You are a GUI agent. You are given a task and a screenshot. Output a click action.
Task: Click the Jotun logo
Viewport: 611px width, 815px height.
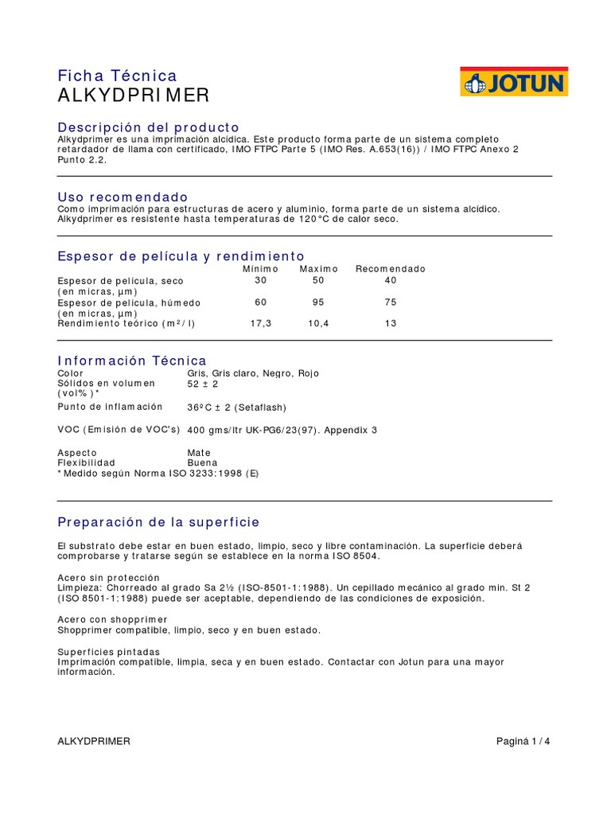[514, 82]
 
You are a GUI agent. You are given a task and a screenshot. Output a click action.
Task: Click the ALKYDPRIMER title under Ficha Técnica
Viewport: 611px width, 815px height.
[134, 96]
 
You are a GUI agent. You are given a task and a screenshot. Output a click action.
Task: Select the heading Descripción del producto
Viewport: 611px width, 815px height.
[148, 127]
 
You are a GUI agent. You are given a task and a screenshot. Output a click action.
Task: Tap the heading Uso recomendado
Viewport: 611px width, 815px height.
[123, 197]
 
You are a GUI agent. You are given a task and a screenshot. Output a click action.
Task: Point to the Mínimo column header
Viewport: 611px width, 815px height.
[261, 269]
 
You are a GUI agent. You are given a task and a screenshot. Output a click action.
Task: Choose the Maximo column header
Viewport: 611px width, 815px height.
[319, 269]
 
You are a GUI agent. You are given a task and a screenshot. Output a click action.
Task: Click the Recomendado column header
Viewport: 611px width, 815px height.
[390, 269]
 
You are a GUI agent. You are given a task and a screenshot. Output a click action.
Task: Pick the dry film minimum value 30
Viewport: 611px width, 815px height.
[261, 280]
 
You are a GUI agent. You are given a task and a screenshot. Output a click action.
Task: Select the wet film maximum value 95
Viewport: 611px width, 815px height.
[319, 302]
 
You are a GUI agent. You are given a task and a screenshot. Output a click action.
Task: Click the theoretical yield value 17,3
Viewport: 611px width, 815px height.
[261, 324]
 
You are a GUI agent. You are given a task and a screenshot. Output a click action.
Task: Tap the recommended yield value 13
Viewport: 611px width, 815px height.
[390, 324]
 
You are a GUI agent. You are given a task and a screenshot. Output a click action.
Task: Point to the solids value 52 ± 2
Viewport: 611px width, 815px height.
[202, 384]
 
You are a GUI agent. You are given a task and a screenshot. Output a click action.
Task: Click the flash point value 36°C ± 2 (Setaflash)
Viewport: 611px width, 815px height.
[236, 407]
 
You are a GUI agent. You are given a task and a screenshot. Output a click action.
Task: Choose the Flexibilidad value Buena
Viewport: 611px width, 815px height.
[202, 462]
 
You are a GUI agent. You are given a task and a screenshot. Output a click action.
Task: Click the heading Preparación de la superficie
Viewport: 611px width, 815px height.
[158, 522]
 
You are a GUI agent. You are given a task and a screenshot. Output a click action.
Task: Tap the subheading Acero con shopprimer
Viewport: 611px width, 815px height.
[112, 619]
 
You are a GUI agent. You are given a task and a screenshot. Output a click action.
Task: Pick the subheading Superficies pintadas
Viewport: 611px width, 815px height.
[109, 651]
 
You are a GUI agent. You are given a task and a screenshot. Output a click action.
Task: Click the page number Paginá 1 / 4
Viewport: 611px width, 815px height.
[523, 741]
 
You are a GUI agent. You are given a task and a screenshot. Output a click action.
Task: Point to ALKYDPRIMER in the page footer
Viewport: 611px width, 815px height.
[94, 741]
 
